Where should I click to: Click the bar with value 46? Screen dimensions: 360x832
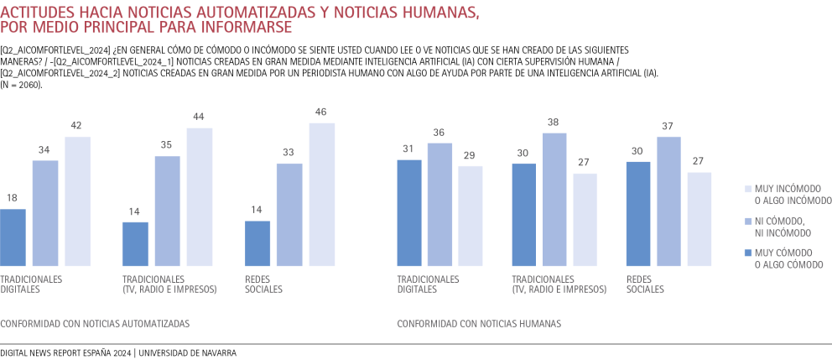[x=322, y=195]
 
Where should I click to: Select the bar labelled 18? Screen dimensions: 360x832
[x=13, y=237]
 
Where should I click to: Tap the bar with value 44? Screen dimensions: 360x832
[x=200, y=197]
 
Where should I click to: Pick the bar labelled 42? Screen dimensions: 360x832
[x=77, y=201]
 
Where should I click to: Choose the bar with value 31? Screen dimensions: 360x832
[x=409, y=213]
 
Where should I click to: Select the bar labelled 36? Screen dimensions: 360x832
[x=439, y=205]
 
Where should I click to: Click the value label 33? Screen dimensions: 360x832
[x=289, y=154]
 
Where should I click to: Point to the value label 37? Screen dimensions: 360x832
[x=668, y=127]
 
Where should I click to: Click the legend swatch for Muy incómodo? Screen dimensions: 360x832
[x=736, y=188]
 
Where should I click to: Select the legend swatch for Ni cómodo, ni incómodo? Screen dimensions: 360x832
[x=736, y=221]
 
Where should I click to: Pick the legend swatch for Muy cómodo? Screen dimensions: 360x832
[x=736, y=253]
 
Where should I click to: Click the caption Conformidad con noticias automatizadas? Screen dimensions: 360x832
[x=95, y=323]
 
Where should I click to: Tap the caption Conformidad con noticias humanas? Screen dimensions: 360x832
[x=479, y=323]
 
